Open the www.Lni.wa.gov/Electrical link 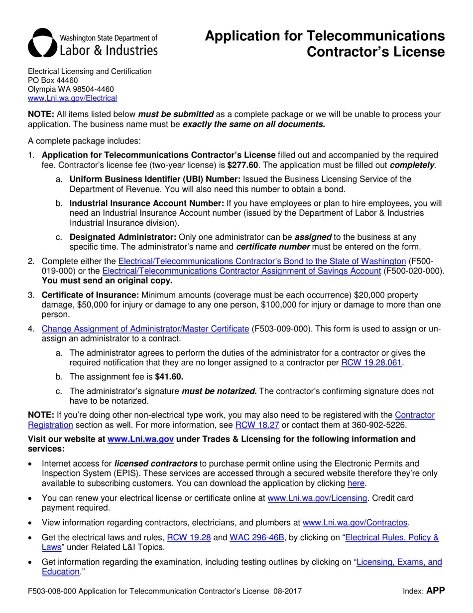coord(72,98)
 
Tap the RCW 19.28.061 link coord(371,363)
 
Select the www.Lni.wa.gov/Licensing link coord(317,498)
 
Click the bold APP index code coord(435,591)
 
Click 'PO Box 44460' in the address coord(53,80)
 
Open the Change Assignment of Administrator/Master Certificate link coord(145,329)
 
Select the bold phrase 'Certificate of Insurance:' coord(91,295)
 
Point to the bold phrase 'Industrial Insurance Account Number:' coord(147,203)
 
